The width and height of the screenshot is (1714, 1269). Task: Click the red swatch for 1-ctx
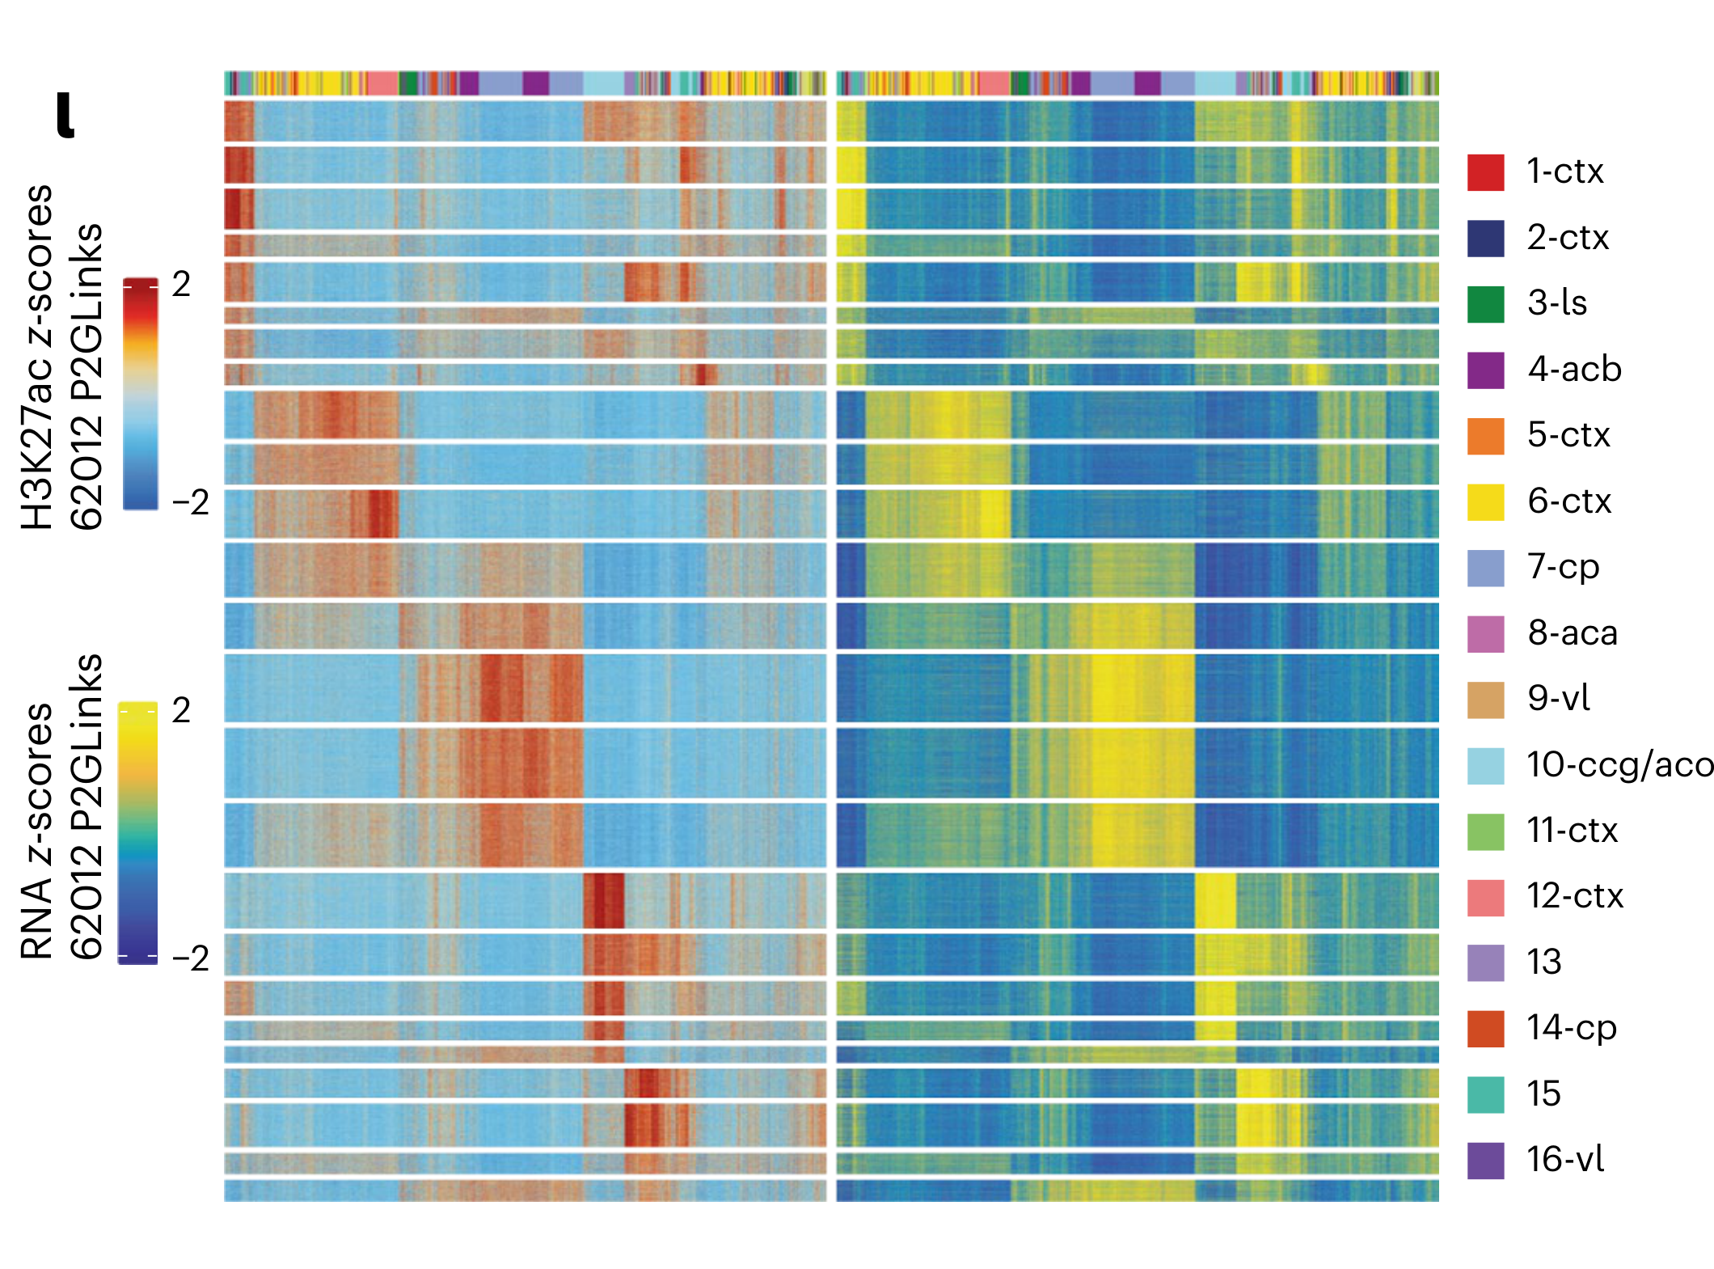point(1485,172)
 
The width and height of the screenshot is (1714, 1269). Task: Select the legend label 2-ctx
point(1567,238)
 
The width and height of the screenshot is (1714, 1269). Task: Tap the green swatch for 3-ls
point(1485,304)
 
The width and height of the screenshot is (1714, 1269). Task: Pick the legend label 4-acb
point(1573,370)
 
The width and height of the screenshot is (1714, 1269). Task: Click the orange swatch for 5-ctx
point(1485,436)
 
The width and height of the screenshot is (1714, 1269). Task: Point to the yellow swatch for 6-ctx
point(1485,502)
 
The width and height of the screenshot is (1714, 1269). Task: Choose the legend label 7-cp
point(1563,567)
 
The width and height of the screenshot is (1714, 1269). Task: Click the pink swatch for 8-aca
point(1485,633)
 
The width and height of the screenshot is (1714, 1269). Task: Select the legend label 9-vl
point(1558,698)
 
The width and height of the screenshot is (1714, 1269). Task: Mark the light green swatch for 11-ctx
point(1485,831)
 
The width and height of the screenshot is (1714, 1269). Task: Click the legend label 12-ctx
point(1574,896)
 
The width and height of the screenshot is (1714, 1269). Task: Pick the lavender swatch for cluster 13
point(1485,962)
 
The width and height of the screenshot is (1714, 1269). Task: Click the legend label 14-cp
point(1571,1028)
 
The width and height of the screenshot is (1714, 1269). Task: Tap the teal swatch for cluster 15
point(1485,1094)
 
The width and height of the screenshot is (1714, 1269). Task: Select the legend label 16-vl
point(1564,1160)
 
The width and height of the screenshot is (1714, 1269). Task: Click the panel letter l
point(65,115)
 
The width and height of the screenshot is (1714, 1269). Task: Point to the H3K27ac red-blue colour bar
point(140,394)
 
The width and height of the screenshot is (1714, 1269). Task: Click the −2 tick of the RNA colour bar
point(190,958)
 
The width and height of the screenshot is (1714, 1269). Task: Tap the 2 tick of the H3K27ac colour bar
point(181,285)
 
